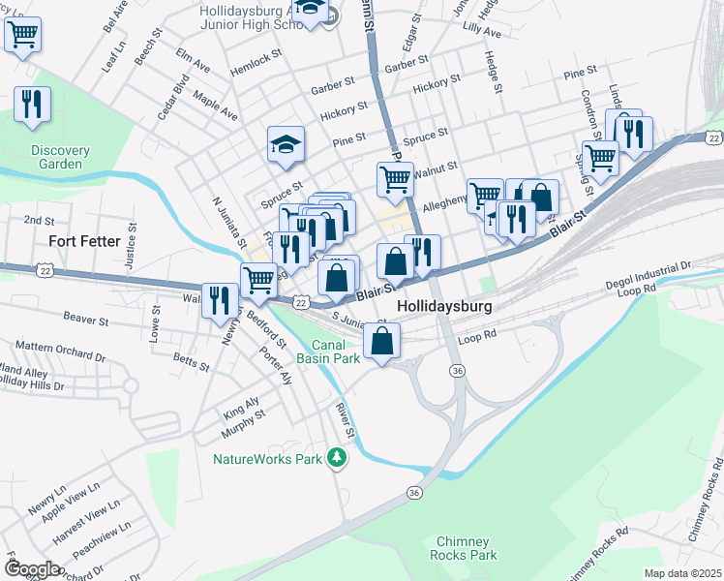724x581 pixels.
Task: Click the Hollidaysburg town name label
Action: pos(444,306)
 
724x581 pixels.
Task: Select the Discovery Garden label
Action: pos(60,157)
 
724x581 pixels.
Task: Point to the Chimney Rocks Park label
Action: pos(467,548)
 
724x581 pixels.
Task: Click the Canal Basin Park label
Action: pos(335,352)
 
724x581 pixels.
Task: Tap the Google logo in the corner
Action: pos(31,569)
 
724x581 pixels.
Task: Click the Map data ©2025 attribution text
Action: pos(681,573)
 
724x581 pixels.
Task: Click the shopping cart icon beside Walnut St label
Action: pos(394,178)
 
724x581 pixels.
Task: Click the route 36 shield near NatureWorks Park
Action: pos(414,493)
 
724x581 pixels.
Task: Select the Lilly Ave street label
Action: pos(482,32)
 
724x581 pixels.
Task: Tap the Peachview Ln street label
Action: pos(95,549)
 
